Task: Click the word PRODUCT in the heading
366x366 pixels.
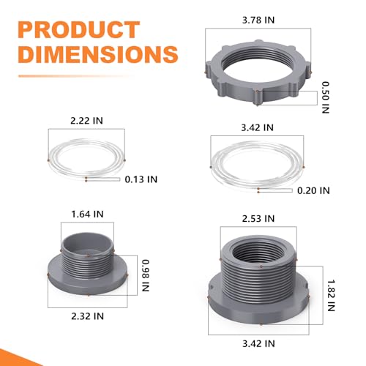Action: (x=79, y=30)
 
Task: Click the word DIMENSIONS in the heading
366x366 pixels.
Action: (x=98, y=54)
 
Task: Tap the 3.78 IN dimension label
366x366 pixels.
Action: (x=258, y=20)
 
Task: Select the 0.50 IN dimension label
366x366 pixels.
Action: (x=326, y=97)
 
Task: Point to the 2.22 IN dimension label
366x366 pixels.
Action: (x=86, y=121)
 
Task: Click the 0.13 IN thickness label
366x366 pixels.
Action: (x=141, y=179)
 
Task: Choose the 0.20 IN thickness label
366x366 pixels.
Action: (x=313, y=190)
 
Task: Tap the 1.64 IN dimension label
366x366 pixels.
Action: (x=87, y=214)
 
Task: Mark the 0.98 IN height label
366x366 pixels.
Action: (x=146, y=276)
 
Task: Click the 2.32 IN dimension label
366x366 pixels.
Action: (x=88, y=316)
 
